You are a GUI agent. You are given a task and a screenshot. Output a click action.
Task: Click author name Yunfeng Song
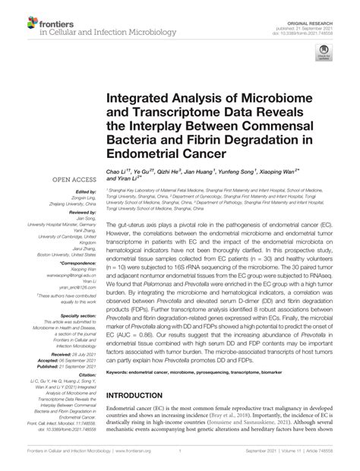pos(263,174)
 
